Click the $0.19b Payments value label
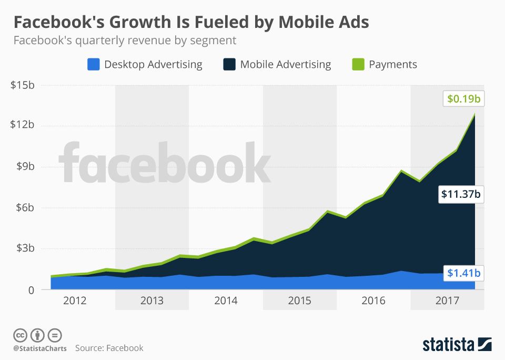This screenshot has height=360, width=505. [x=463, y=98]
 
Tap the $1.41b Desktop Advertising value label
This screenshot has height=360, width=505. [x=463, y=273]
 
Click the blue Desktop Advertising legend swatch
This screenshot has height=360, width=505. [x=93, y=65]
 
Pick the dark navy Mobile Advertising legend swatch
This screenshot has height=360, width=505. [x=229, y=65]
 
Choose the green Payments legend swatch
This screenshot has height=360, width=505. [x=358, y=65]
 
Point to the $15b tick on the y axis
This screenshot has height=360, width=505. [x=22, y=85]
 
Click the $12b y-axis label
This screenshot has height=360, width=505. [x=22, y=125]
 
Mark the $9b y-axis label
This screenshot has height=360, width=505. [x=24, y=166]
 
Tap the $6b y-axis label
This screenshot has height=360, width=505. [x=24, y=207]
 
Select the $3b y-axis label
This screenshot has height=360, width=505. [x=24, y=248]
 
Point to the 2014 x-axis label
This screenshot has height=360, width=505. [x=225, y=301]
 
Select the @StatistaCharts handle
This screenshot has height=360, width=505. [x=40, y=348]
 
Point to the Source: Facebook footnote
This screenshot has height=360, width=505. [x=109, y=348]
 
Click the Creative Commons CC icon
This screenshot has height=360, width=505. [x=20, y=335]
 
